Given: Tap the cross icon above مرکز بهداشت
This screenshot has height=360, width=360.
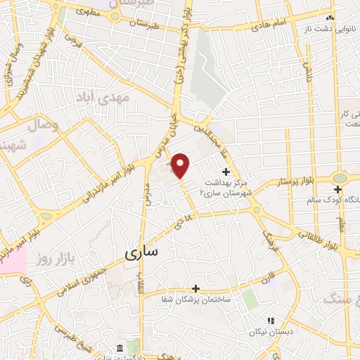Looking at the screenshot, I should pos(226,172).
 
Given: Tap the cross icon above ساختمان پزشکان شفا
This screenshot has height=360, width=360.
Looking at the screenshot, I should pos(196,288).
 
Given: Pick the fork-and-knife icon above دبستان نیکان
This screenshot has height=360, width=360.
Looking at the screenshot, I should pos(270,321).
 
